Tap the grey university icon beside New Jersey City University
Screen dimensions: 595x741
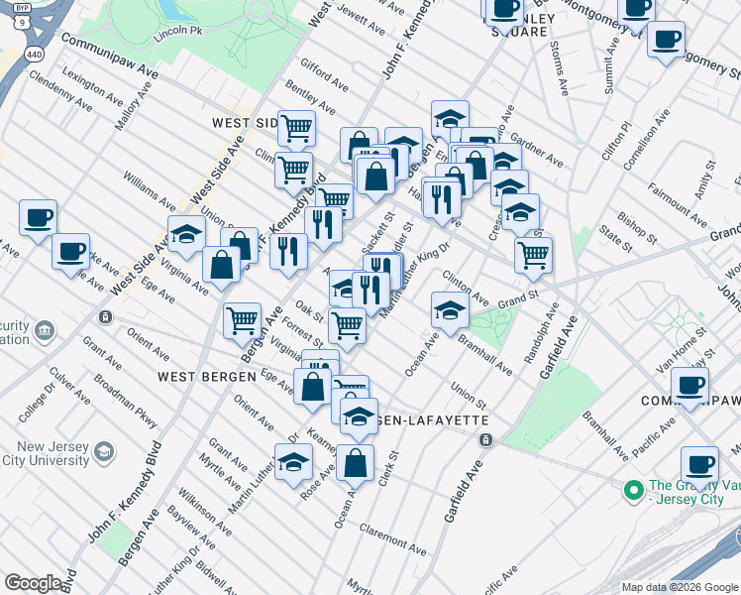point(103,454)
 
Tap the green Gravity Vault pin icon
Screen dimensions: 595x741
point(631,490)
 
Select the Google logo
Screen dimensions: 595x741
point(33,583)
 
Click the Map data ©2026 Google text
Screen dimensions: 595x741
point(679,587)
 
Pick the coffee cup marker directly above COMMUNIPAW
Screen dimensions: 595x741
point(689,383)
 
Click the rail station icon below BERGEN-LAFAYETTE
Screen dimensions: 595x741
point(484,439)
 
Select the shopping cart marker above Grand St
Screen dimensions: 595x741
point(533,254)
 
